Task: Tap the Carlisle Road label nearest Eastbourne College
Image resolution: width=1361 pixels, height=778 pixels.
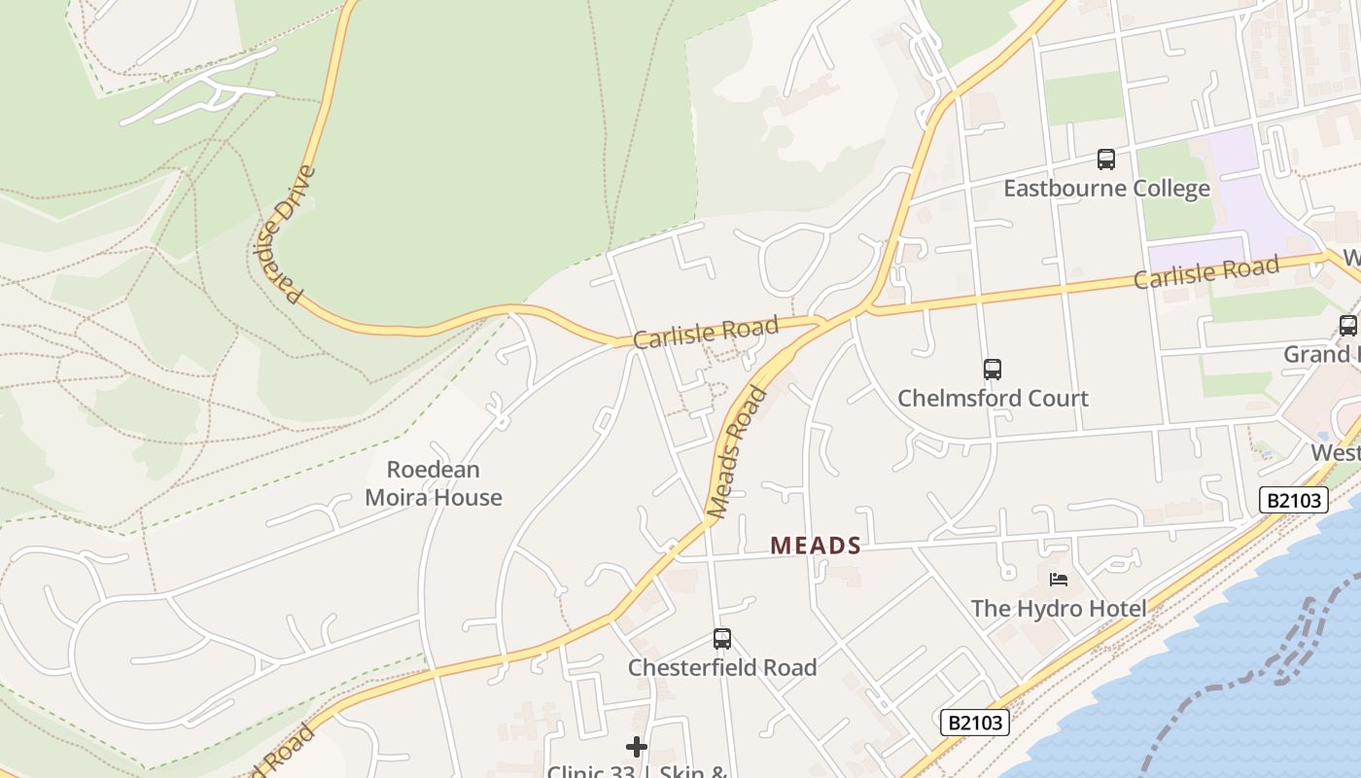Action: tap(1206, 272)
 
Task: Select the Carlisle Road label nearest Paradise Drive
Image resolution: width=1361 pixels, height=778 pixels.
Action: tap(706, 333)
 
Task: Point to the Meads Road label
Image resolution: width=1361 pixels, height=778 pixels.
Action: tap(738, 451)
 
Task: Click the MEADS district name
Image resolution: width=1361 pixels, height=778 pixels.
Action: tap(816, 547)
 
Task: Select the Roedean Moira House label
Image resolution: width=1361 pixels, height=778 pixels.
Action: tap(434, 483)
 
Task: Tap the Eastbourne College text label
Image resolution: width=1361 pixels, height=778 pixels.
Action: tap(1106, 188)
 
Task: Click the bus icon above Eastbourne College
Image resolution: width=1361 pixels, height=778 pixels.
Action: tap(1106, 159)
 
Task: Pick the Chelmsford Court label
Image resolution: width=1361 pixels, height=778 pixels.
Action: tap(993, 398)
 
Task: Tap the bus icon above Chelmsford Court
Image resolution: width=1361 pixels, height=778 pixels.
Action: tap(993, 370)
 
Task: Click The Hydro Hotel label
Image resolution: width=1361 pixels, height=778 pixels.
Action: tap(1059, 609)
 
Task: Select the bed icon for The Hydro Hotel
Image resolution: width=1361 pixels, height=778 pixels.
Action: tap(1059, 581)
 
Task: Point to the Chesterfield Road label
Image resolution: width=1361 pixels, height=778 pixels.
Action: tap(722, 667)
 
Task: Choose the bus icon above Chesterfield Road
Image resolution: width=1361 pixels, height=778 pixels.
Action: tap(722, 639)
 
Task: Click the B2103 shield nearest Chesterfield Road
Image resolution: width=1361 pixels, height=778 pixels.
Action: tap(975, 723)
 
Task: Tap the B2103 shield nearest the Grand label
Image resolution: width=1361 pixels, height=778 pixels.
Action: tap(1294, 500)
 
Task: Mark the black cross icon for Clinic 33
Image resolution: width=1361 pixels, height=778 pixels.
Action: tap(637, 747)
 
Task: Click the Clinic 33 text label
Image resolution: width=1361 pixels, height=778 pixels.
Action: tap(637, 771)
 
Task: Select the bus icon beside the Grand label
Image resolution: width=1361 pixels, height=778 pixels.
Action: tap(1348, 326)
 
